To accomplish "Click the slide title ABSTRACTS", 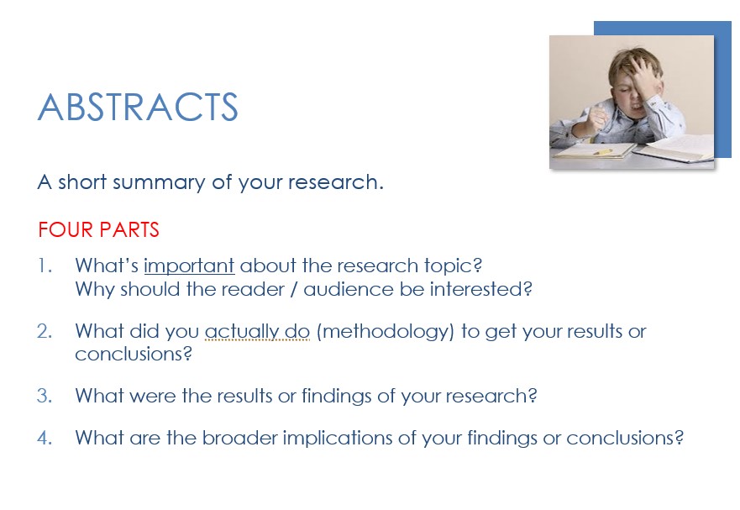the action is tap(138, 107).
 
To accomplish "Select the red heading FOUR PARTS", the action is tap(98, 230).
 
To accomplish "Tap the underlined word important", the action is tap(189, 266).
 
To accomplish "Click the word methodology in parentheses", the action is tap(385, 332).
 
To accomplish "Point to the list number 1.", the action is tap(45, 266).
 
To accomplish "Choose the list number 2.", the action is tap(45, 332).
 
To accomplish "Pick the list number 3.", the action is tap(45, 396).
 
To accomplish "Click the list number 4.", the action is tap(45, 438).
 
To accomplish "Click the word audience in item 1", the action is tap(349, 289).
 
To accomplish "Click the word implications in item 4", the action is tap(338, 439).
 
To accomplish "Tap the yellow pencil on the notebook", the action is tap(602, 152).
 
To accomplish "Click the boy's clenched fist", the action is tap(596, 118).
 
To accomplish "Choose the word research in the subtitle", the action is tap(335, 182).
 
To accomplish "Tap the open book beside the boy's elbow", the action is tap(674, 148).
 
